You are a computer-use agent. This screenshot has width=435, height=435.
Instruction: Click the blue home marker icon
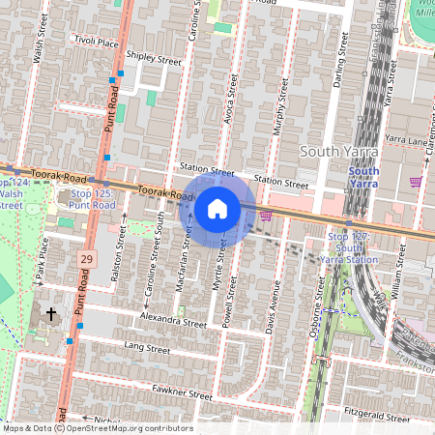pyautogui.click(x=217, y=209)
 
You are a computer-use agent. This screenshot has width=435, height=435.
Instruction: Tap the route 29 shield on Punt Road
pyautogui.click(x=87, y=260)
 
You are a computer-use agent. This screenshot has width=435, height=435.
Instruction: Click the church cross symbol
pyautogui.click(x=51, y=315)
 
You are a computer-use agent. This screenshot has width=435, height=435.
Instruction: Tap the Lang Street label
pyautogui.click(x=147, y=347)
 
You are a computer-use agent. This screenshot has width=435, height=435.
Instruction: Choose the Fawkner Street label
pyautogui.click(x=182, y=393)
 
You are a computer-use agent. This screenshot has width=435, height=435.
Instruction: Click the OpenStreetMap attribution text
pyautogui.click(x=97, y=428)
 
